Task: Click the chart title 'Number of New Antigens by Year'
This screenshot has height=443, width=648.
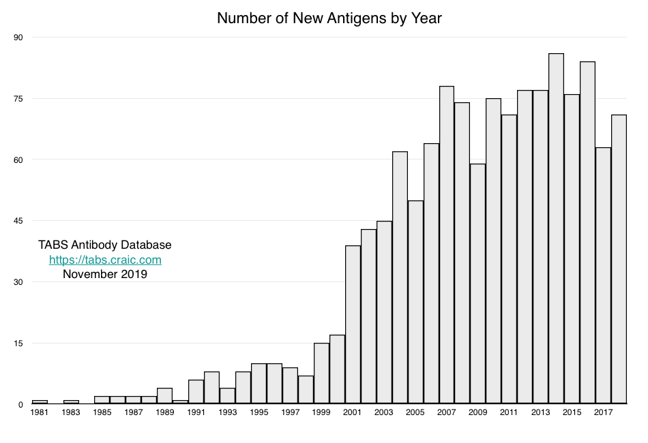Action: (329, 18)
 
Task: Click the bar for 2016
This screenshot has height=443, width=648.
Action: (587, 232)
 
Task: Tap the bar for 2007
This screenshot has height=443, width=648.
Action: (447, 245)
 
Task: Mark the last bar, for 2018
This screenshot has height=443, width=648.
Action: (619, 259)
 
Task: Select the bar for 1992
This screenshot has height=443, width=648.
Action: (211, 388)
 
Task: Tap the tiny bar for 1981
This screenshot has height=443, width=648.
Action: (40, 402)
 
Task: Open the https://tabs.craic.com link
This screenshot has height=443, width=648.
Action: (105, 260)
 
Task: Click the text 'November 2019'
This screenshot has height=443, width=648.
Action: (105, 275)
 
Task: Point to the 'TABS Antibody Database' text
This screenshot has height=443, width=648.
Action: (105, 245)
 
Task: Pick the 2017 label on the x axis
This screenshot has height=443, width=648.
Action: (603, 413)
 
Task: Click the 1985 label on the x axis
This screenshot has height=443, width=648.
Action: (102, 413)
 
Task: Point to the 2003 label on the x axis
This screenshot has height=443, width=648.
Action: (384, 413)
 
